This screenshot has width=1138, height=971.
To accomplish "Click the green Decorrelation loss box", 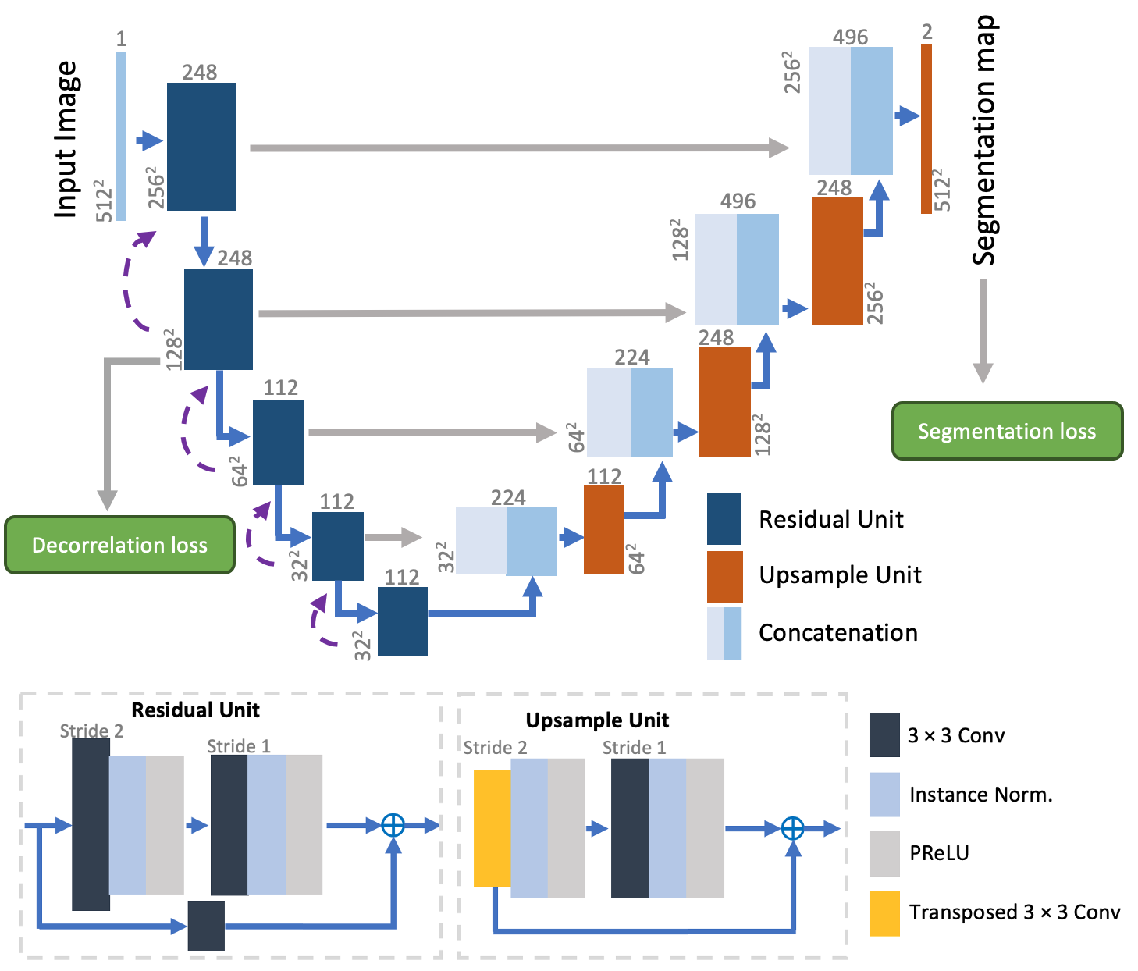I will pyautogui.click(x=119, y=545).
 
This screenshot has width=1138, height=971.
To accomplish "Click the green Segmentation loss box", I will pyautogui.click(x=1007, y=431).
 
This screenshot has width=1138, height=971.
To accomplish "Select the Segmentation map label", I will pyautogui.click(x=984, y=140).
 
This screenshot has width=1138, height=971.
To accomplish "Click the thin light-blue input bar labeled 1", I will pyautogui.click(x=121, y=137).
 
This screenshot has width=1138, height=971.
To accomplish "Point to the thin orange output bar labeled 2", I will pyautogui.click(x=926, y=129).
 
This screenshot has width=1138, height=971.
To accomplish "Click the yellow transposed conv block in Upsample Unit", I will pyautogui.click(x=493, y=827).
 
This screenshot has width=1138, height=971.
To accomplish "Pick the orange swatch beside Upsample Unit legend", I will pyautogui.click(x=724, y=576).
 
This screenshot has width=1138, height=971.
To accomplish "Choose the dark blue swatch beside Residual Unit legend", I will pyautogui.click(x=724, y=518).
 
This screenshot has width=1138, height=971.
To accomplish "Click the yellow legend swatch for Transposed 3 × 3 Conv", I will pyautogui.click(x=884, y=912).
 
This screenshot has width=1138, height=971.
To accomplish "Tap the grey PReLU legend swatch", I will pyautogui.click(x=884, y=853).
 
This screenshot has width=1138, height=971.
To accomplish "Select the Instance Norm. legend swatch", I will pyautogui.click(x=884, y=795).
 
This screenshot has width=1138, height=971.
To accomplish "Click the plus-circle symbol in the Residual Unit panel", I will pyautogui.click(x=393, y=825).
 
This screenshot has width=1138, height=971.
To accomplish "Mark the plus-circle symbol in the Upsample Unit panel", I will pyautogui.click(x=793, y=828).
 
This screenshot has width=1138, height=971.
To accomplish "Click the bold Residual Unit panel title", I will pyautogui.click(x=195, y=710).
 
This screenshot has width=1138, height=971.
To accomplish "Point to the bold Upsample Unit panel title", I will pyautogui.click(x=597, y=720).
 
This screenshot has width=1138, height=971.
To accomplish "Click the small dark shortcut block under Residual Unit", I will pyautogui.click(x=206, y=926).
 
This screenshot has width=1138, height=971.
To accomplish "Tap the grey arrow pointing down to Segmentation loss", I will pyautogui.click(x=983, y=332).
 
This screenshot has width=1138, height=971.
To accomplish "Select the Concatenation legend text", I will pyautogui.click(x=838, y=632).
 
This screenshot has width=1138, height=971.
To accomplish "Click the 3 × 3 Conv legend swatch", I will pyautogui.click(x=884, y=735).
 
